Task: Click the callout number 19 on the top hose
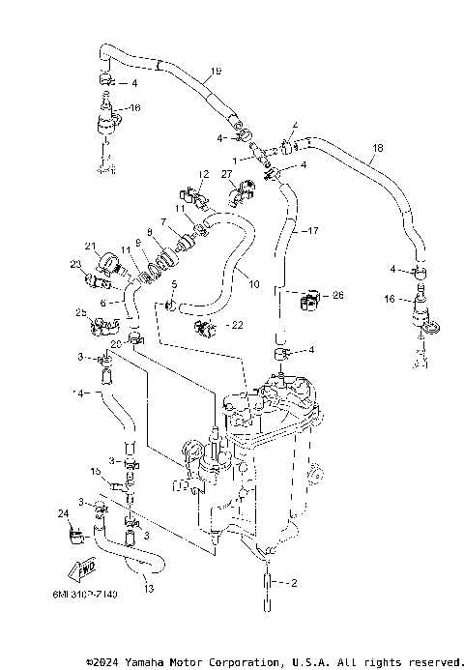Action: coord(216,71)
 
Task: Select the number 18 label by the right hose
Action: coord(377,147)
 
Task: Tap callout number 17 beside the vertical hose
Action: coord(311,231)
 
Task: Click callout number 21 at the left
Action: coord(92,246)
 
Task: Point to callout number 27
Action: coord(227,175)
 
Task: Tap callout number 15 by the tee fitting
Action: coord(96,470)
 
